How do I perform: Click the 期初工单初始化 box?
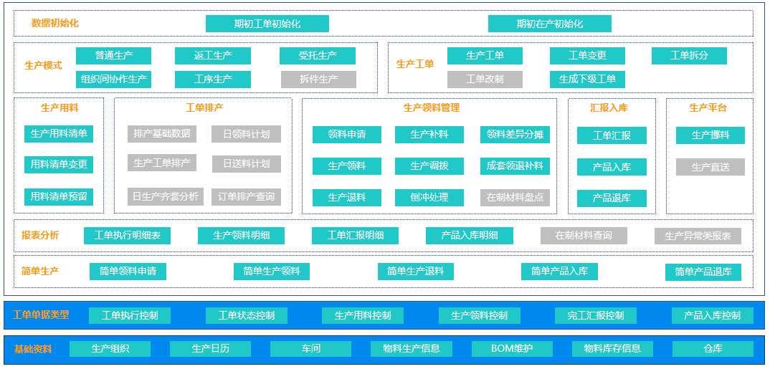click(267, 24)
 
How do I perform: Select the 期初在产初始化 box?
click(549, 24)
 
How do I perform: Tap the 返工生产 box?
click(213, 56)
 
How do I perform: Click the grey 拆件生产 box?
click(318, 79)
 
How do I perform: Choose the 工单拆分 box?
click(689, 56)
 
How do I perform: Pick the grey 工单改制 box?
click(485, 79)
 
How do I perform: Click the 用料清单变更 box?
click(59, 165)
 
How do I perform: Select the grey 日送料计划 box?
click(246, 164)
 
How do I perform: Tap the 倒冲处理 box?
click(429, 198)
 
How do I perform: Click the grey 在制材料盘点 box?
click(515, 198)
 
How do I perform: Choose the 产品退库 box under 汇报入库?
click(612, 198)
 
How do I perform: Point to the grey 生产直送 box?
click(710, 167)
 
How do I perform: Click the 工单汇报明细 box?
click(355, 236)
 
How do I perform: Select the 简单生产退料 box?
click(415, 272)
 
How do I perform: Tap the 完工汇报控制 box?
click(595, 315)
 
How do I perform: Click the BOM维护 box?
click(512, 349)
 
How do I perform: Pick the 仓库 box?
click(713, 349)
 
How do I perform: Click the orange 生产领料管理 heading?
click(432, 107)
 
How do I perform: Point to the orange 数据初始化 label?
click(55, 23)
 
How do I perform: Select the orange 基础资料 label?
click(33, 350)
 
